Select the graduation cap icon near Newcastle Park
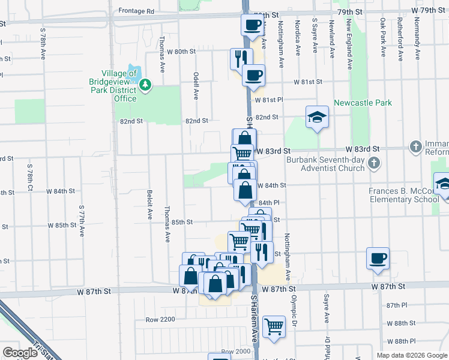(317, 116)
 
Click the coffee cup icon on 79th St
(252, 25)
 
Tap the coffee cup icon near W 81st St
(254, 75)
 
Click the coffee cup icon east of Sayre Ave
(378, 258)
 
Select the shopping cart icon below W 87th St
(274, 327)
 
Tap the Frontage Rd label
(136, 11)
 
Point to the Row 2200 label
(160, 319)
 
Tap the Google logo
(20, 353)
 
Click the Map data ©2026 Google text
(411, 355)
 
